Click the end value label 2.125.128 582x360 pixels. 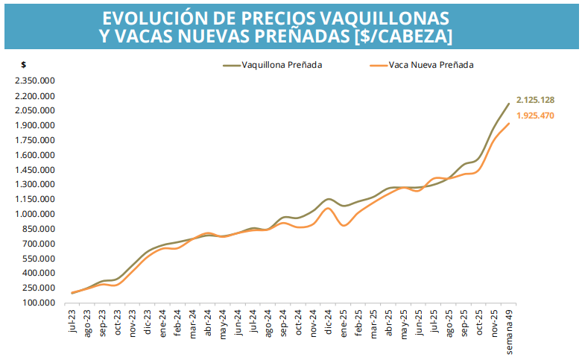click(535, 100)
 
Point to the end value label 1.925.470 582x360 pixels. click(535, 116)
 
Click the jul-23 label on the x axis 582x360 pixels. click(73, 321)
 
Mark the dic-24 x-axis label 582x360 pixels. click(329, 322)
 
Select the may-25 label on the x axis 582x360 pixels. click(404, 323)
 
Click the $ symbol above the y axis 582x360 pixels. click(24, 66)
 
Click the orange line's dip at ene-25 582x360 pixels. click(343, 225)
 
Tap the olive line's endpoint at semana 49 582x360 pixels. click(509, 104)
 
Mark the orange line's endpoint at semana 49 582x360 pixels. click(509, 124)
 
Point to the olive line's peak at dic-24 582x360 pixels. click(329, 199)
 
